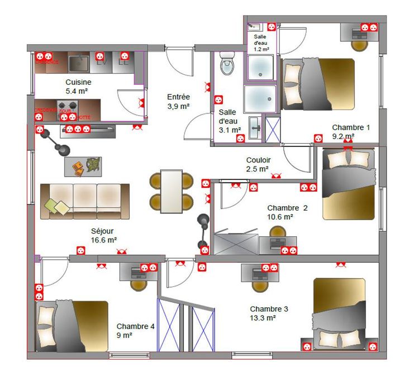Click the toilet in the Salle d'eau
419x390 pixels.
[227, 64]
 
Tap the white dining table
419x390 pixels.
[172, 191]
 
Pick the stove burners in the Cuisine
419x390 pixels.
[67, 106]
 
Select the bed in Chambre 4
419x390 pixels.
[72, 326]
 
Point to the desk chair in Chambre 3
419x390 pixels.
[259, 284]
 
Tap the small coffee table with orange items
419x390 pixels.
[83, 165]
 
